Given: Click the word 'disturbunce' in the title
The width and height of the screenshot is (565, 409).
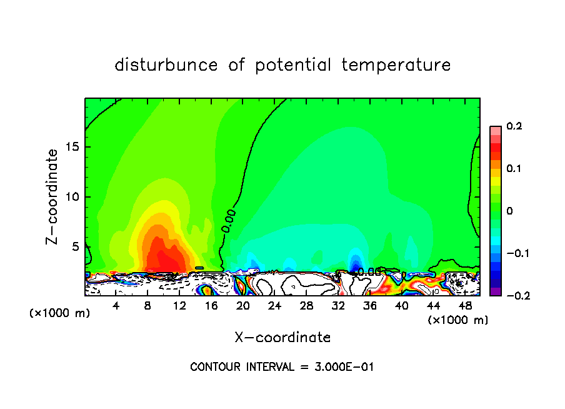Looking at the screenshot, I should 166,65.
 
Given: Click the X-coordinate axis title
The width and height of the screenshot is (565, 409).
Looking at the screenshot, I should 282,338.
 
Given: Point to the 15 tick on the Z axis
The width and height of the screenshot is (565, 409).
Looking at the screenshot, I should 73,147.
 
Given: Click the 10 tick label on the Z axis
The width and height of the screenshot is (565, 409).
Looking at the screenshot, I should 73,197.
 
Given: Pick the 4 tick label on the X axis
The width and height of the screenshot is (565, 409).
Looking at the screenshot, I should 116,306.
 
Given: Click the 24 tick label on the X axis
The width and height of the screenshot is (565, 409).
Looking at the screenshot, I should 274,306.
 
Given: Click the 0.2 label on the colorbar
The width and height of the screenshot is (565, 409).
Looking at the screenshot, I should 514,126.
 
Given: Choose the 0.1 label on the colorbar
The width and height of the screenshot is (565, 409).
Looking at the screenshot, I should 514,169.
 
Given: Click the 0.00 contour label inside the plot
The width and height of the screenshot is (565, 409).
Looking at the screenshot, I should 229,221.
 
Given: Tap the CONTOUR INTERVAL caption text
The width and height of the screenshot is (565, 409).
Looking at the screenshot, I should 282,367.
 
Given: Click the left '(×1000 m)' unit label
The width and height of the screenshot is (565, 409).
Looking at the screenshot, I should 60,313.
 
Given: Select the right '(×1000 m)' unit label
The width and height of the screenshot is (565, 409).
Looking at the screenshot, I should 457,320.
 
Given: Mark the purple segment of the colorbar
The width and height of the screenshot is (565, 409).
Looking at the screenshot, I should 496,291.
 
